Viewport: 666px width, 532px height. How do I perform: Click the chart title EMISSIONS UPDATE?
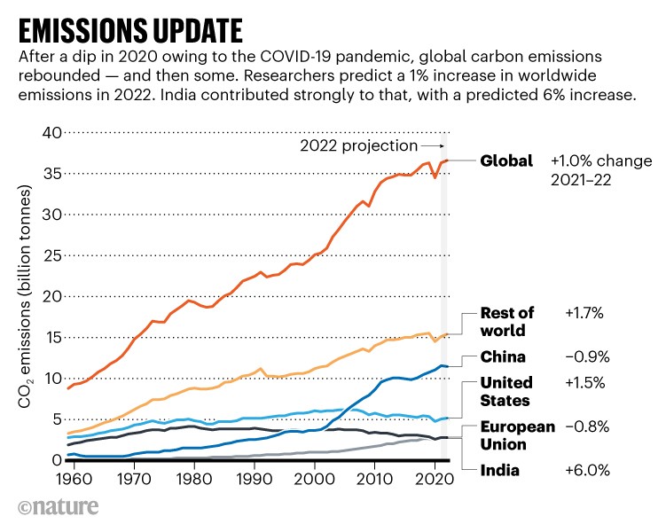click(x=129, y=28)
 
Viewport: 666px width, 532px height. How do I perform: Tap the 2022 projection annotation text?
click(x=357, y=145)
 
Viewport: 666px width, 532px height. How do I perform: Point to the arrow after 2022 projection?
click(x=432, y=145)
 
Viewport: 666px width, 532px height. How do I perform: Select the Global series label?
click(x=506, y=161)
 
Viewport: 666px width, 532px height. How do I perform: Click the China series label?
click(x=502, y=357)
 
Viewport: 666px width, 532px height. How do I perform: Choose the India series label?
click(x=498, y=470)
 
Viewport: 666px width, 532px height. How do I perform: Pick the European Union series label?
click(x=517, y=434)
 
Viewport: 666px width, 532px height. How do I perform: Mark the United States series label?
click(x=505, y=391)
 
